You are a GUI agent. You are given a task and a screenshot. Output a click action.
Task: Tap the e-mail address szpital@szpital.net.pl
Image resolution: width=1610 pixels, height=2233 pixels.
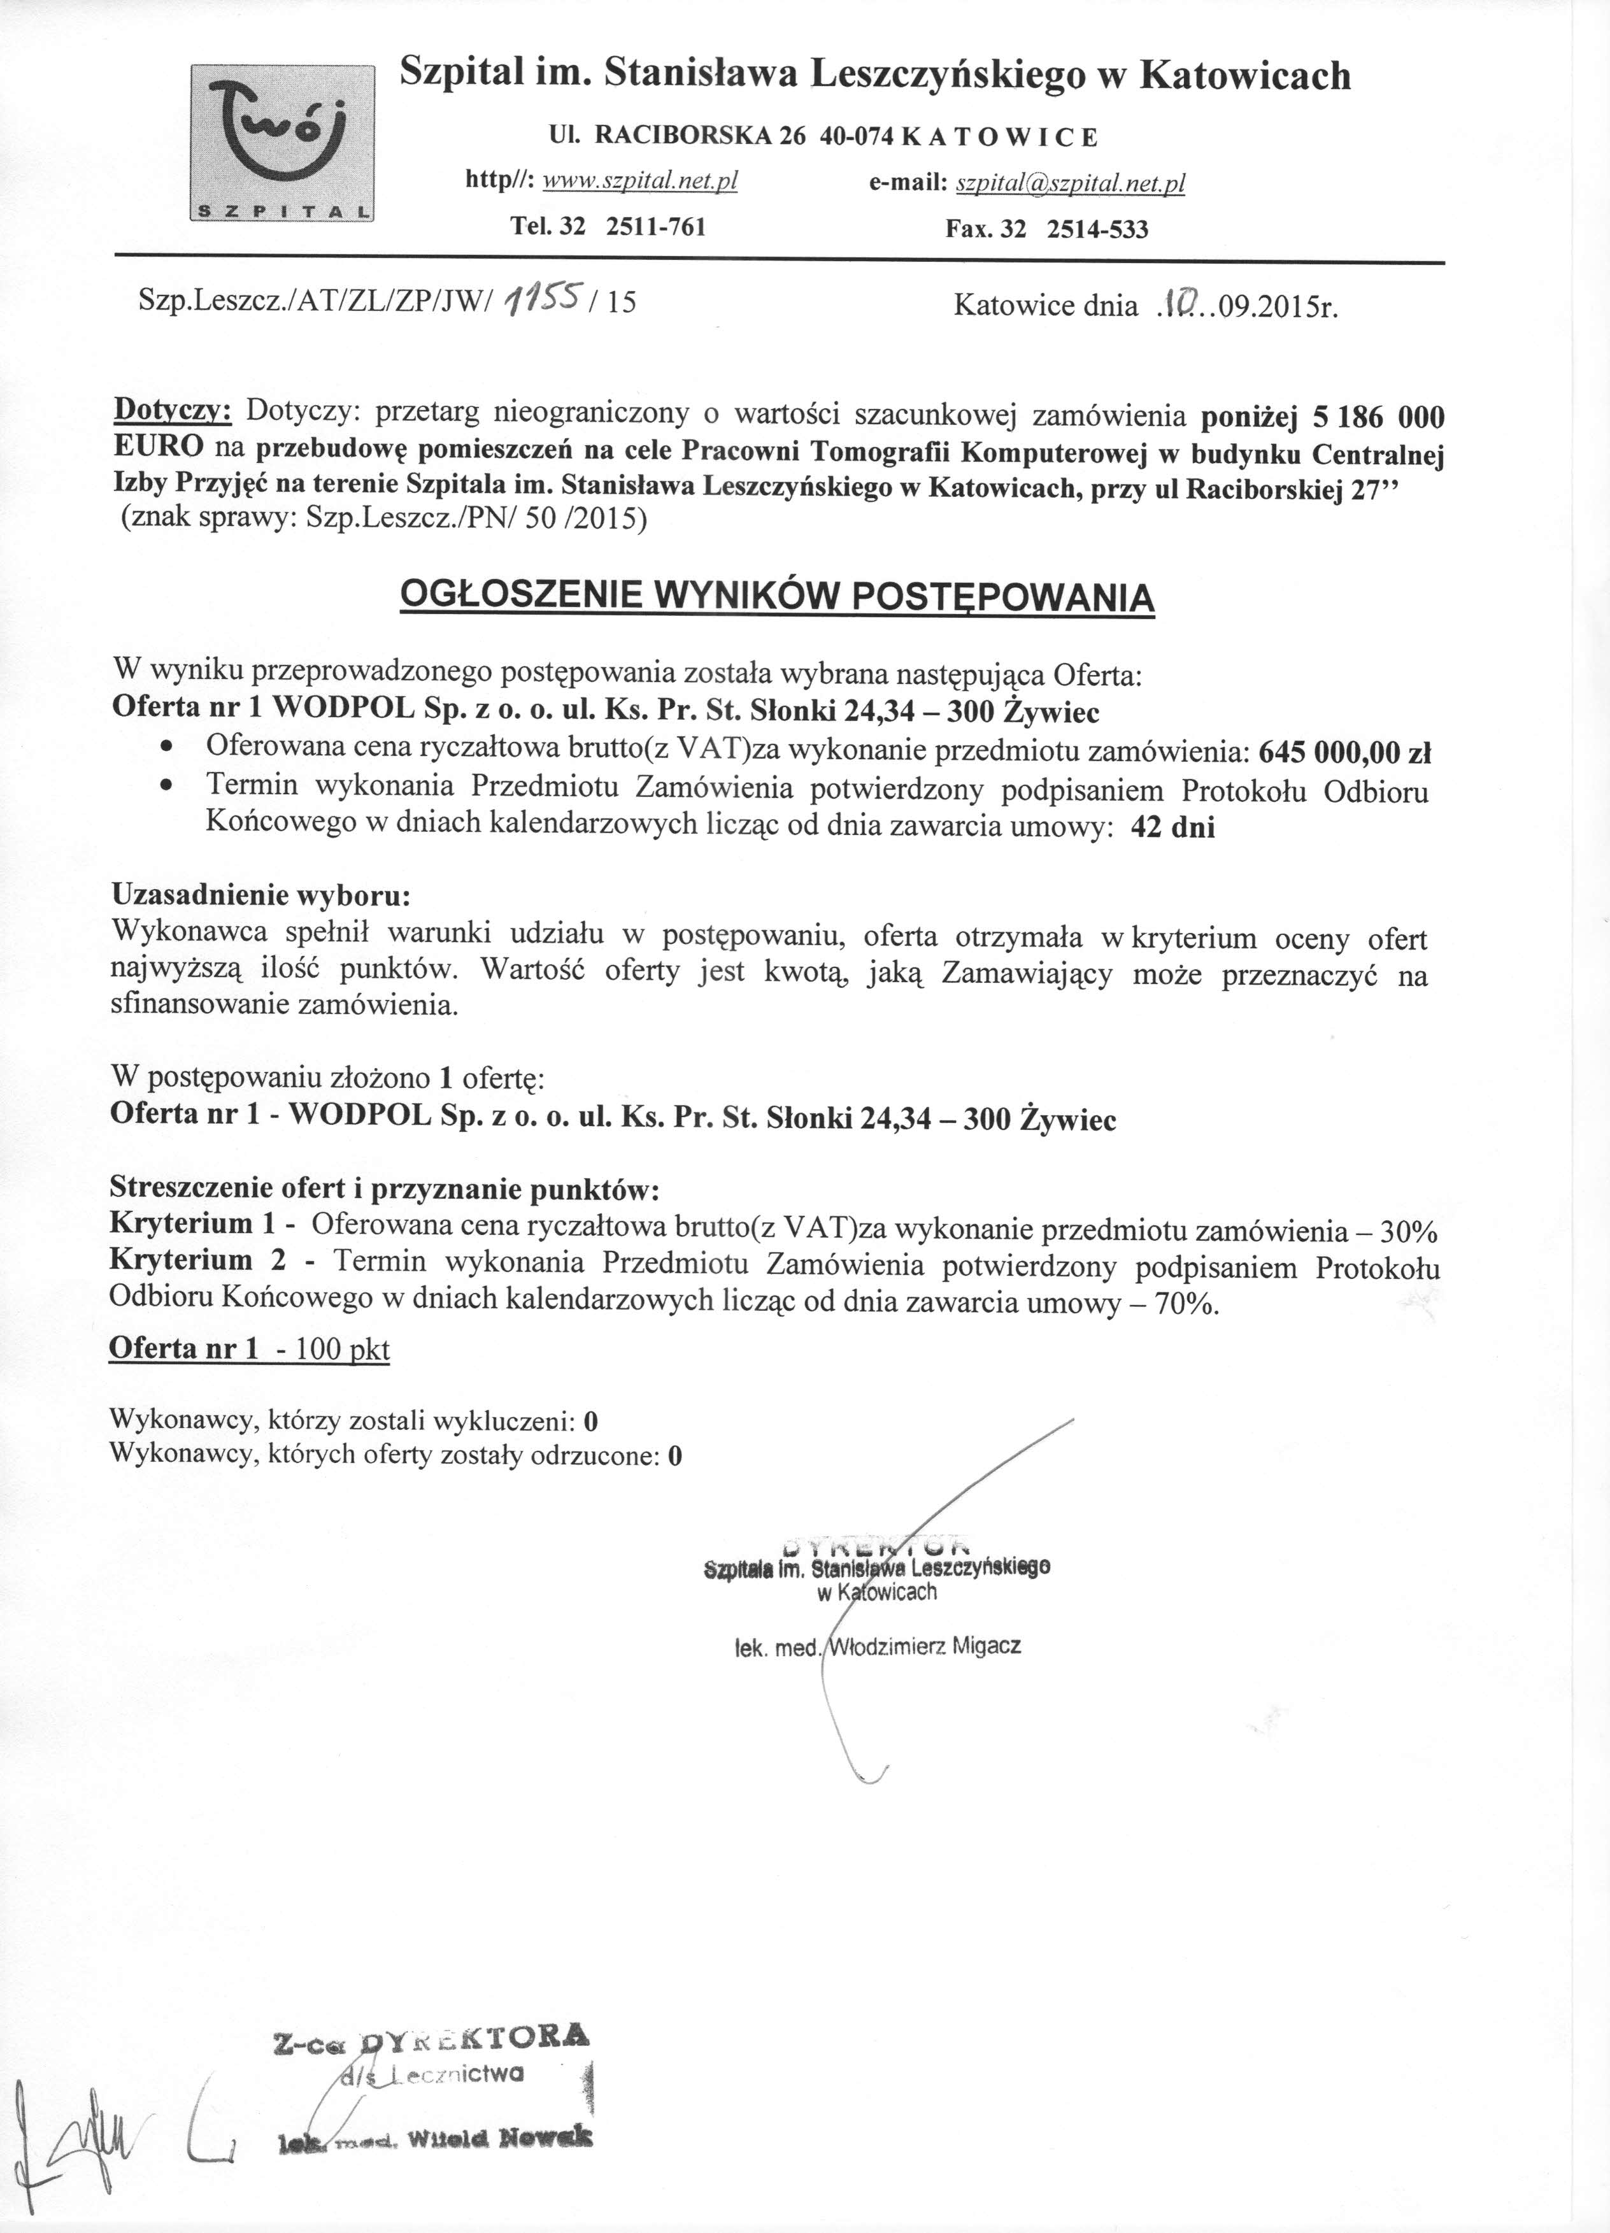click(x=1071, y=183)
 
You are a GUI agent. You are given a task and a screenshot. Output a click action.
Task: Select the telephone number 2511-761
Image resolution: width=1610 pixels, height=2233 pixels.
click(x=656, y=227)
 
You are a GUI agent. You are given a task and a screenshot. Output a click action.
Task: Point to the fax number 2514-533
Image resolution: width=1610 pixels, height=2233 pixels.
click(x=1097, y=229)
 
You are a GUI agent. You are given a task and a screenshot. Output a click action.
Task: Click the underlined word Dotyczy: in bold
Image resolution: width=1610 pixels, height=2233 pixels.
click(x=173, y=409)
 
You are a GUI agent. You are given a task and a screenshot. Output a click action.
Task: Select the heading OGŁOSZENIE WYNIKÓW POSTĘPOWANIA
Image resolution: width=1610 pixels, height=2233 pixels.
click(x=777, y=597)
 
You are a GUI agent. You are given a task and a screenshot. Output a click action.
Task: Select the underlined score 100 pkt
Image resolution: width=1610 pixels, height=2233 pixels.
click(x=342, y=1349)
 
